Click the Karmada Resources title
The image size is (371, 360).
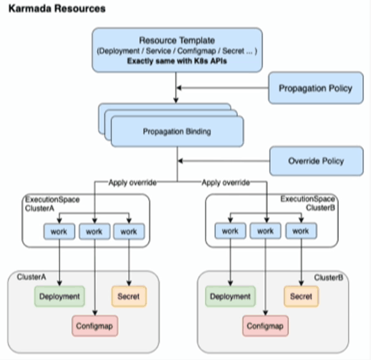click(x=57, y=9)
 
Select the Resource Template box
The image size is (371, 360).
click(x=177, y=50)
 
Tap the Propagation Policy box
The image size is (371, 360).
click(x=316, y=88)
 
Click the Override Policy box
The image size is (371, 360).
click(x=317, y=161)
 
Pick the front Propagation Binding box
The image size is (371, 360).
click(x=177, y=131)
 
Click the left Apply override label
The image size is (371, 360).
click(x=133, y=183)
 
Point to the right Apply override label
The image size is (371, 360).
click(x=226, y=183)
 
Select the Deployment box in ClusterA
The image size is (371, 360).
click(x=60, y=297)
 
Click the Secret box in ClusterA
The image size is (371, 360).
click(x=129, y=297)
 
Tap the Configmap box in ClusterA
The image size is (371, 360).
click(x=95, y=326)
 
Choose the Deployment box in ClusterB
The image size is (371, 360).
click(x=230, y=297)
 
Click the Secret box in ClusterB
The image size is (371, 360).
click(x=301, y=297)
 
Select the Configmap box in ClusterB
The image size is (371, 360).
click(x=265, y=326)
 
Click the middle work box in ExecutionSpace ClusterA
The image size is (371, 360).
click(x=94, y=231)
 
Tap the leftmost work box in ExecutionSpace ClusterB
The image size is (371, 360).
click(x=230, y=231)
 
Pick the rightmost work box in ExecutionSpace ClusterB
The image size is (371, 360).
click(x=301, y=231)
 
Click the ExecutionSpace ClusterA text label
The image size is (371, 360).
click(x=52, y=204)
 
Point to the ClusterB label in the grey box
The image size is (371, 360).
click(x=329, y=277)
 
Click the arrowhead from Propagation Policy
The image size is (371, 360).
click(x=179, y=88)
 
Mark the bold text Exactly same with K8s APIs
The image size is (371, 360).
click(x=177, y=61)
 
